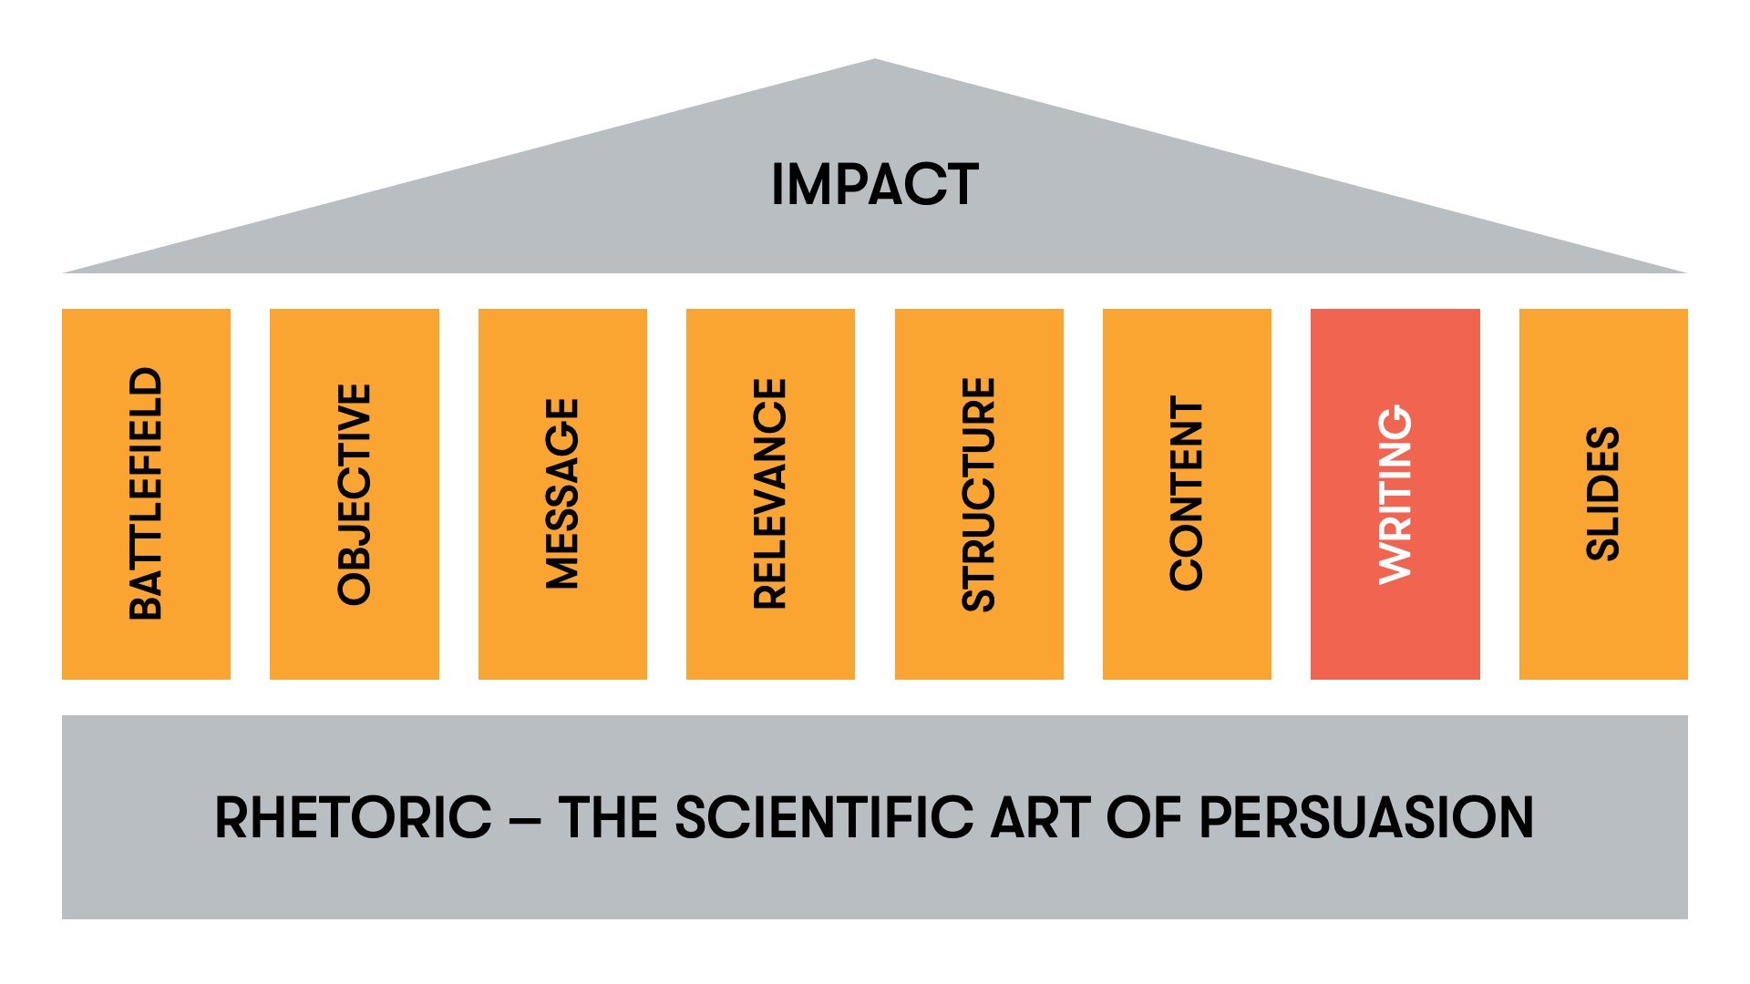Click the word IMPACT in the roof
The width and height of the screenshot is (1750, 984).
(875, 184)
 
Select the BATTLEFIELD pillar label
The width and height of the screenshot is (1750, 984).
(146, 494)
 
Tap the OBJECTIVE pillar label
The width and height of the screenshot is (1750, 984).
(355, 494)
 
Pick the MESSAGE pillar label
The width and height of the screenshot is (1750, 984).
(562, 494)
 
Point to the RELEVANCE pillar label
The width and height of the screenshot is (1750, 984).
(770, 494)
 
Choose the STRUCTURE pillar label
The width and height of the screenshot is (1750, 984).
(979, 494)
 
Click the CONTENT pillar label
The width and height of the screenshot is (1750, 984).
(1187, 494)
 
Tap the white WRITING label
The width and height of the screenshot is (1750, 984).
(1395, 494)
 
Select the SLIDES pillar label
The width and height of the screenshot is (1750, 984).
(1603, 494)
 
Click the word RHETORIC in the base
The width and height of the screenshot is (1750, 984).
(354, 817)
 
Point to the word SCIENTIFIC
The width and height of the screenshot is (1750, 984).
(824, 817)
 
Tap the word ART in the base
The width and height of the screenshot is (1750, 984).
(1040, 817)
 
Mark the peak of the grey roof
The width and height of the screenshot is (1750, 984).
(875, 62)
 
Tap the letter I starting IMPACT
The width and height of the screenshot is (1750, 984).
(777, 184)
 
